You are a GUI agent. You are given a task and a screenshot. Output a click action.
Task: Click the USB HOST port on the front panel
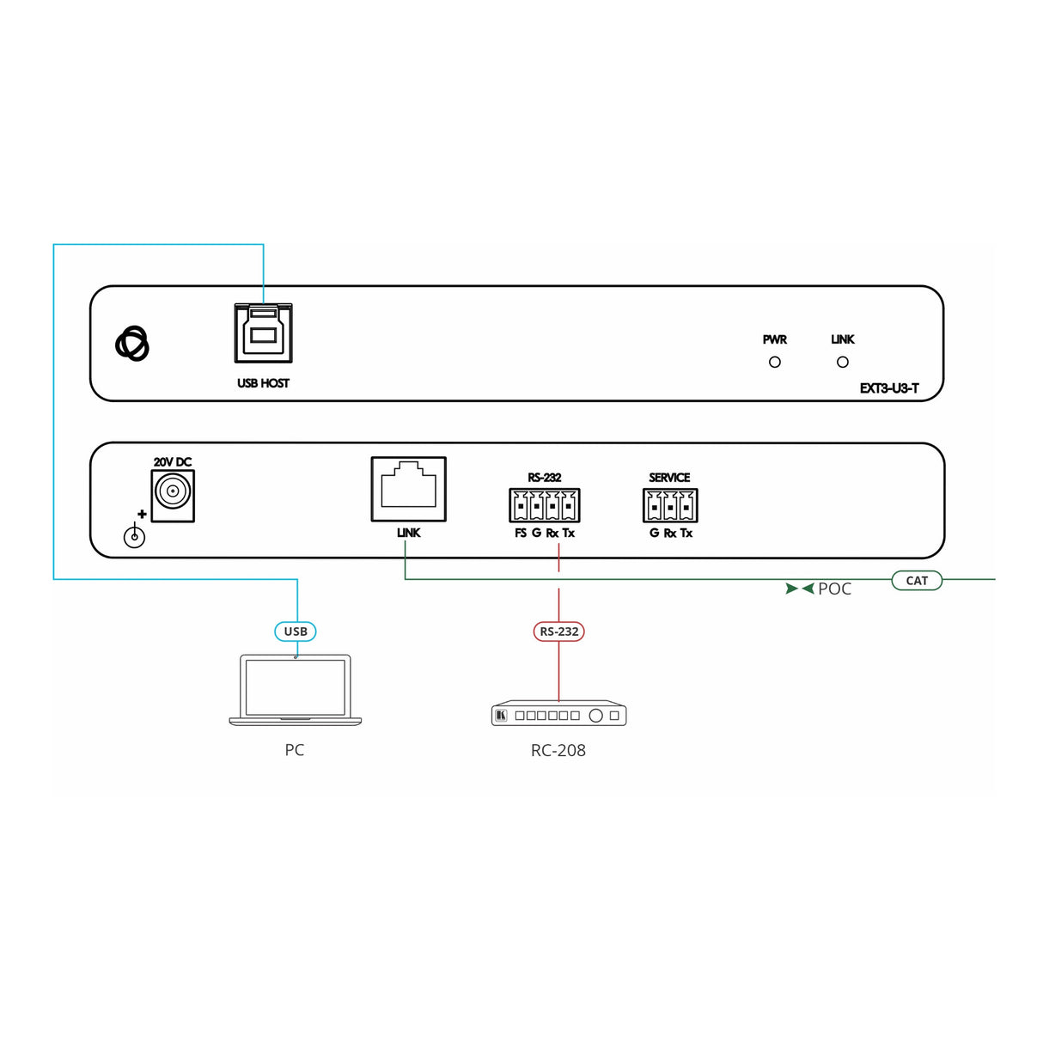pyautogui.click(x=263, y=333)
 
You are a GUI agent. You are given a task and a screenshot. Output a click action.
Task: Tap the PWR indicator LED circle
pyautogui.click(x=775, y=363)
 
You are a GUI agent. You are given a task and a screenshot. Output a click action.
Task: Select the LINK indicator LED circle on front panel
pyautogui.click(x=843, y=363)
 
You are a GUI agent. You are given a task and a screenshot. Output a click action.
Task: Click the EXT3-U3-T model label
pyautogui.click(x=889, y=388)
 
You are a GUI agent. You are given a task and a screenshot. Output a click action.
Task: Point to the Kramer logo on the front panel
pyautogui.click(x=132, y=344)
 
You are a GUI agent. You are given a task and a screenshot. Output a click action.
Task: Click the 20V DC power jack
pyautogui.click(x=173, y=495)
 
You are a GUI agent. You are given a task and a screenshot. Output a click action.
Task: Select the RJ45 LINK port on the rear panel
pyautogui.click(x=409, y=489)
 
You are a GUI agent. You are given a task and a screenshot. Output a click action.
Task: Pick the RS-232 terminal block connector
pyautogui.click(x=545, y=505)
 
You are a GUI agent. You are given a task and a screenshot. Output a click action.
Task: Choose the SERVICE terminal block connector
pyautogui.click(x=670, y=505)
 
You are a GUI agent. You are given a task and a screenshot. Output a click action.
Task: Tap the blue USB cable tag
pyautogui.click(x=296, y=631)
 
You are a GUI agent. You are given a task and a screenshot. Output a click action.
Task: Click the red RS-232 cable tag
pyautogui.click(x=558, y=631)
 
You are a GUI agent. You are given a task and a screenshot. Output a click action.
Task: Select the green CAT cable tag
pyautogui.click(x=917, y=581)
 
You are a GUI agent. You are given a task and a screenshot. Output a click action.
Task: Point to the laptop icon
pyautogui.click(x=295, y=690)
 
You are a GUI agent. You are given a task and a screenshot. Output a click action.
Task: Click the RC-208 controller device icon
pyautogui.click(x=558, y=715)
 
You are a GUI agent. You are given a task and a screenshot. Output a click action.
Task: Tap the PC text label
pyautogui.click(x=295, y=750)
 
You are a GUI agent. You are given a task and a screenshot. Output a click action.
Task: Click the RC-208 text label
pyautogui.click(x=558, y=750)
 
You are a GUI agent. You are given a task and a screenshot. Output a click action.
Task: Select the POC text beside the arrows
pyautogui.click(x=834, y=589)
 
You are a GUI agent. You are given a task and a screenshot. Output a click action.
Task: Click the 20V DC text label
pyautogui.click(x=173, y=462)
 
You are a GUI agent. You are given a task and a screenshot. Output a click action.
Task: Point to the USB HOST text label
pyautogui.click(x=263, y=383)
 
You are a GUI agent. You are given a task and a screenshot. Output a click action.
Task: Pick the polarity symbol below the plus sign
pyautogui.click(x=134, y=537)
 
